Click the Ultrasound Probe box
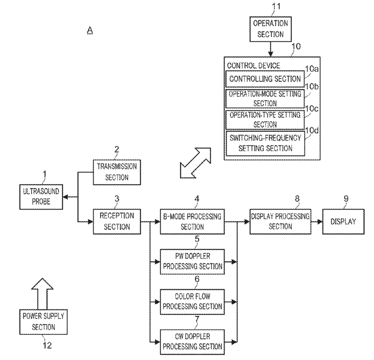click(41, 197)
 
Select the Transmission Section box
click(117, 172)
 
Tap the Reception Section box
click(117, 222)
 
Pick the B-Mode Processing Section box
click(192, 222)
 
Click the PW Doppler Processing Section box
click(192, 262)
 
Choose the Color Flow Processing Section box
click(192, 302)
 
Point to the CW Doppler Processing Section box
click(192, 342)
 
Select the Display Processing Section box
click(280, 222)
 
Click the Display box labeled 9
click(344, 222)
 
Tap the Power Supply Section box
click(43, 322)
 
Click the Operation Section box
click(270, 29)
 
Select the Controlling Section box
click(265, 79)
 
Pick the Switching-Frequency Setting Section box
click(265, 143)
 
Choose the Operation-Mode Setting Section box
click(265, 99)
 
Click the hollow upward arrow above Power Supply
click(42, 293)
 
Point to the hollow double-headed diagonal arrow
click(196, 163)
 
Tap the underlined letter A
click(90, 30)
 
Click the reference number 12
click(47, 345)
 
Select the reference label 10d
click(312, 131)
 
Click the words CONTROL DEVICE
click(254, 66)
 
